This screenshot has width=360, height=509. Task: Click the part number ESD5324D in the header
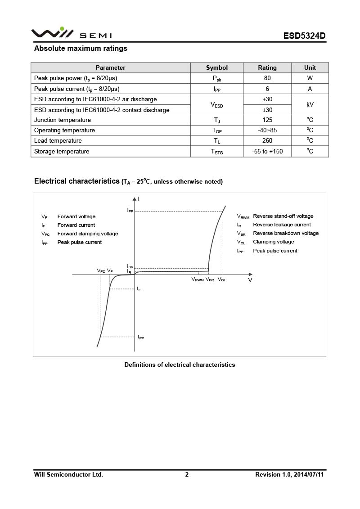(304, 36)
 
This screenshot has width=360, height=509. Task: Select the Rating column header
(267, 68)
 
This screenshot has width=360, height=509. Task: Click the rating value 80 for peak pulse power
(267, 78)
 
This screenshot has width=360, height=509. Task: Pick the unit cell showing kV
(310, 104)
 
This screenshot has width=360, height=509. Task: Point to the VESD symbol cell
(217, 105)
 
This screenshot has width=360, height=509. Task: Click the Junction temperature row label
(63, 120)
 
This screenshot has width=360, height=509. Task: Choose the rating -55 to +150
(267, 152)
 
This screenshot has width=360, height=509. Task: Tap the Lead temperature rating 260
(267, 141)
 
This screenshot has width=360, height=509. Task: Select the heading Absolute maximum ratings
(81, 49)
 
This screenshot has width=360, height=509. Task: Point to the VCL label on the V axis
(222, 280)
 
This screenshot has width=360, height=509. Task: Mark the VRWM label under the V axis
(198, 280)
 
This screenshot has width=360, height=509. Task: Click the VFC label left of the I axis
(101, 271)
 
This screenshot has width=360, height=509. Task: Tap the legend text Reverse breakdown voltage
(286, 233)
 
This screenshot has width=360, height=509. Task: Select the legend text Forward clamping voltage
(88, 234)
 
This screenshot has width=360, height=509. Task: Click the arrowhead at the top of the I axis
(134, 198)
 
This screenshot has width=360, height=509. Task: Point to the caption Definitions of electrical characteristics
(180, 365)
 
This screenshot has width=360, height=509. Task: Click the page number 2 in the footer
(187, 474)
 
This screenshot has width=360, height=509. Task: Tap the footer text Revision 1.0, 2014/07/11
(289, 474)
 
